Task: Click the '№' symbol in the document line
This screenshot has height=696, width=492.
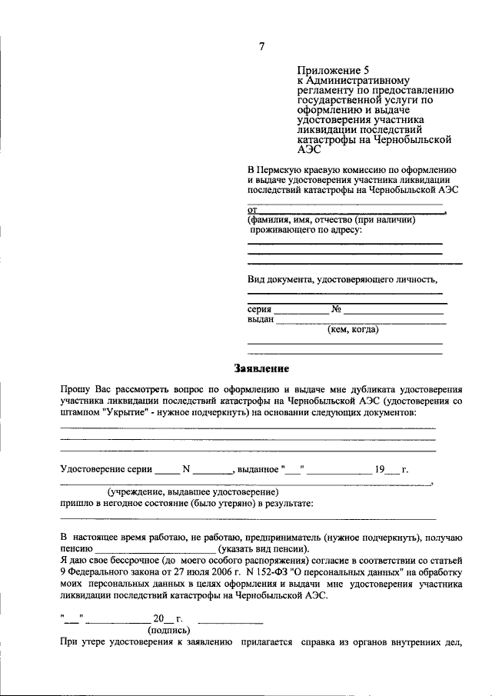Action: [x=336, y=309]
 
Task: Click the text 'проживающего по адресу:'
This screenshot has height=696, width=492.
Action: [x=305, y=229]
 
